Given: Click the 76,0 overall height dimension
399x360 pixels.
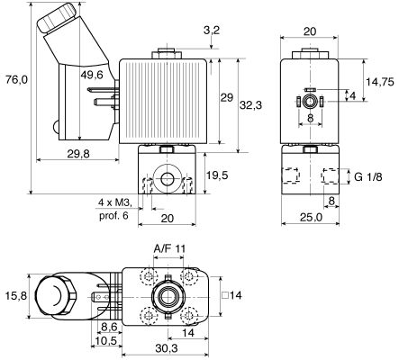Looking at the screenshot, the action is tap(16, 79).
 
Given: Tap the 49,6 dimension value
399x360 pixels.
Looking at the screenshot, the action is tap(92, 75).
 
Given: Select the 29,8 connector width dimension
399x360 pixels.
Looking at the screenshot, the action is tap(78, 154).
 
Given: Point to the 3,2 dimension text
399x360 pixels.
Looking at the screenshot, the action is tap(212, 31).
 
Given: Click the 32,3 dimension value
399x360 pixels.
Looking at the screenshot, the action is tap(250, 105).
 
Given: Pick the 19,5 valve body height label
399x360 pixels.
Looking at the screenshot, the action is tap(217, 175).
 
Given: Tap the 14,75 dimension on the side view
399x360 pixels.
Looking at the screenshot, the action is tap(380, 82).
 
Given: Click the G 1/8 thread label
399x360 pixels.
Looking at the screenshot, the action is tap(368, 177).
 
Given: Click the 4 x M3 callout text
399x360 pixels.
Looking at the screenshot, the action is tap(115, 203).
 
